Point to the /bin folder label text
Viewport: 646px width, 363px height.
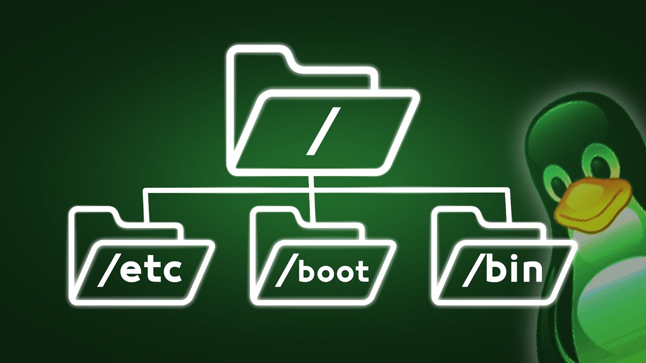coord(502,271)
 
